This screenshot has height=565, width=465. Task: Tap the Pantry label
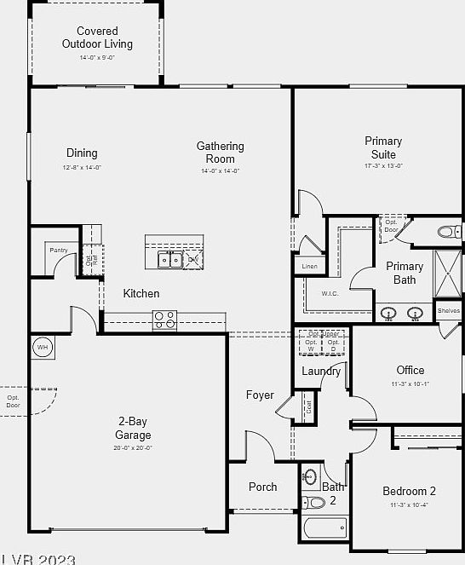[x=58, y=250]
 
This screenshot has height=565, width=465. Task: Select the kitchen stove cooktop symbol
[x=164, y=320]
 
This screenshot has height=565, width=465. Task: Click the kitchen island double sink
[x=169, y=259]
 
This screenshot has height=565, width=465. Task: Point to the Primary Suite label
[x=383, y=147]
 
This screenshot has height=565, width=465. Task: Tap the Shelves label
[x=449, y=311]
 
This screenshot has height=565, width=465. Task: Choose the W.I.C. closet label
[x=330, y=294]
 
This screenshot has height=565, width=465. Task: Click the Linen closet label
[x=309, y=267]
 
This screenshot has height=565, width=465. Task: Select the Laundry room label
[x=321, y=371]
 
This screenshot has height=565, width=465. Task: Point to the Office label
[x=410, y=370]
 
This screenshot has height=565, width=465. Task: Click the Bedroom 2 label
[x=409, y=491]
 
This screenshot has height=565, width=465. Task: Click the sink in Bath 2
[x=311, y=476]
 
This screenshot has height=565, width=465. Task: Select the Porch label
[x=262, y=487]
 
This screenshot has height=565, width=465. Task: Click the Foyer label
[x=260, y=395]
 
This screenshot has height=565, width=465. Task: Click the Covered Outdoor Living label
[x=97, y=37]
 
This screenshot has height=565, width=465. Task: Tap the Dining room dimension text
[x=82, y=168]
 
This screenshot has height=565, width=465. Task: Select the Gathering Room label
[x=220, y=153]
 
